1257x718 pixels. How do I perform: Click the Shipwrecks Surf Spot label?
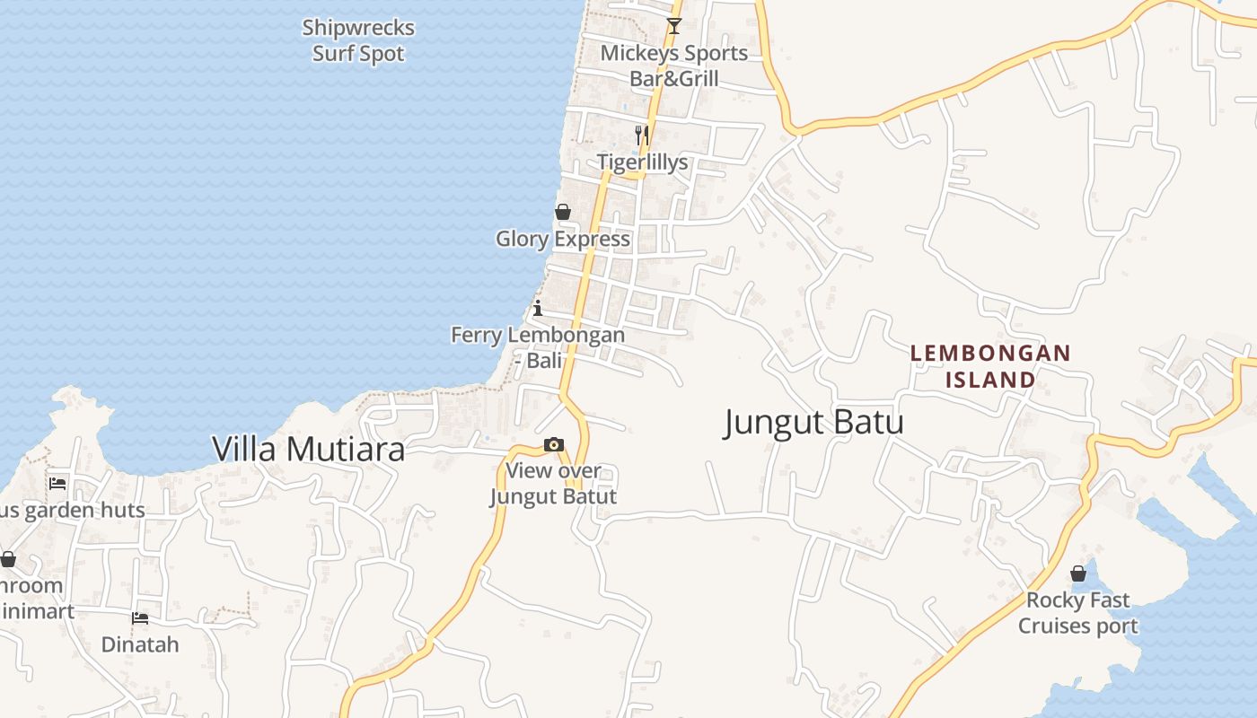click(x=358, y=40)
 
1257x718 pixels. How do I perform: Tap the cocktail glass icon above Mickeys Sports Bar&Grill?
click(x=674, y=26)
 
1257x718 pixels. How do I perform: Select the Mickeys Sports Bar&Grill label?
click(x=674, y=66)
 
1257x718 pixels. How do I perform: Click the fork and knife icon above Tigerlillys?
click(x=642, y=136)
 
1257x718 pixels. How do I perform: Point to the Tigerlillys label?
click(x=643, y=162)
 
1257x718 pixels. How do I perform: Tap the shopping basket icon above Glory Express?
click(x=563, y=212)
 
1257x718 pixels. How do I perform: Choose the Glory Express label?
click(x=563, y=239)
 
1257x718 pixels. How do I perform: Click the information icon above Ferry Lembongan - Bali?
click(x=538, y=309)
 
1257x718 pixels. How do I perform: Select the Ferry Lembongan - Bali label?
click(x=538, y=347)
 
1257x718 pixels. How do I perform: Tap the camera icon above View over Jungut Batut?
click(x=554, y=444)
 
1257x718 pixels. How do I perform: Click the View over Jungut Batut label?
click(x=554, y=483)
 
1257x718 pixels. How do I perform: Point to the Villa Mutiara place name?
click(x=308, y=449)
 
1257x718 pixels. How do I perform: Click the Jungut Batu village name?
click(x=813, y=422)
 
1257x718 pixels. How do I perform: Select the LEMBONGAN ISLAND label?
click(x=990, y=366)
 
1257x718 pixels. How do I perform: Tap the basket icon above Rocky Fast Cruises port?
click(x=1078, y=574)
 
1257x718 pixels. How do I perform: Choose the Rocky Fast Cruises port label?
click(x=1077, y=613)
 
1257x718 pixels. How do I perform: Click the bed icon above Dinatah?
click(x=140, y=617)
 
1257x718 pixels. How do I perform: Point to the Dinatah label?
click(x=140, y=644)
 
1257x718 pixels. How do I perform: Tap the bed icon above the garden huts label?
click(x=58, y=483)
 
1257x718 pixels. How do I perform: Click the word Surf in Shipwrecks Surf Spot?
click(x=334, y=54)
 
